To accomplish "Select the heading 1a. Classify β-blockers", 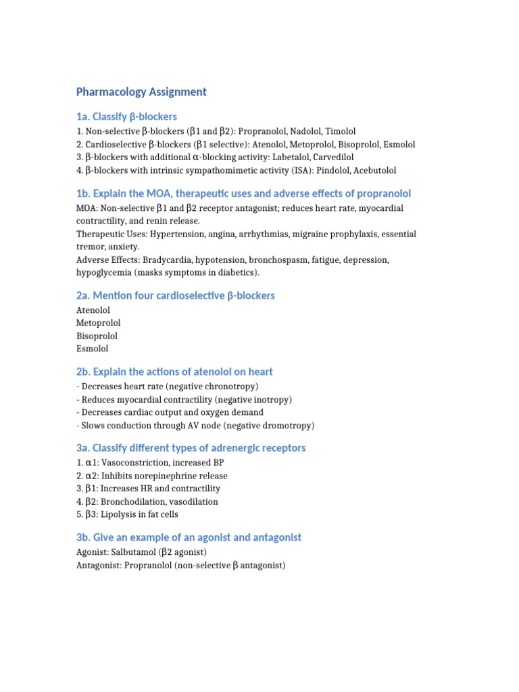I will click(127, 117).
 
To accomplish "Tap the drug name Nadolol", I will click(307, 131).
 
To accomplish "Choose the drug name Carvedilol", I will click(337, 157).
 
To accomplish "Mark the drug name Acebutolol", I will click(374, 170).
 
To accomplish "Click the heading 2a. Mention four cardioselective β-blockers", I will click(176, 295).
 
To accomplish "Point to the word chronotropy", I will click(227, 387).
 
